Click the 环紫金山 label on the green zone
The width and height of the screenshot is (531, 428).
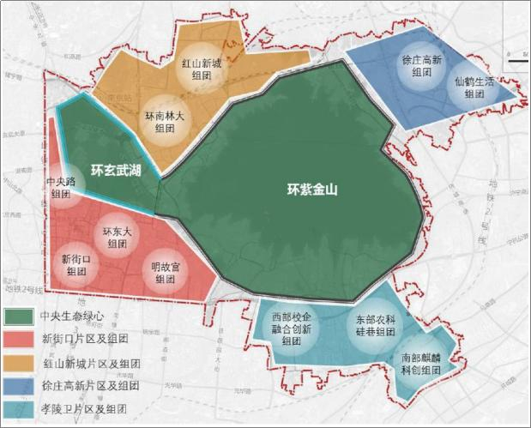click(312, 190)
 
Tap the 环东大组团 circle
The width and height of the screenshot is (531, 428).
click(115, 237)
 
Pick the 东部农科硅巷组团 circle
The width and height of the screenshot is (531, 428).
click(375, 324)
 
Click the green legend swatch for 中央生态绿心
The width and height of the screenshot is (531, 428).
click(20, 316)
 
